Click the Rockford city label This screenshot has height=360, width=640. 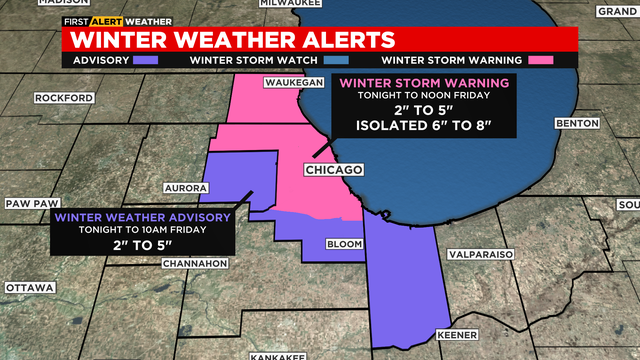point(64,98)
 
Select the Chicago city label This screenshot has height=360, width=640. point(333,170)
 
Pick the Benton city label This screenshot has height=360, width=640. point(575,123)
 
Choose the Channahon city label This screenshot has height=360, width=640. point(195,264)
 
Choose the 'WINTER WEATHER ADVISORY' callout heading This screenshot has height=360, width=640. point(143,217)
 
